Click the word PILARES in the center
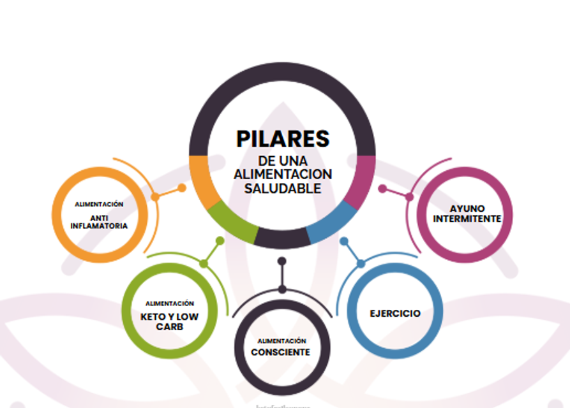point(283,138)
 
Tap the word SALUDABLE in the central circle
point(283,189)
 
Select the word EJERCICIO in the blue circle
point(395,313)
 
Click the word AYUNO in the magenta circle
point(467,208)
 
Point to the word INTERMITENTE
point(467,218)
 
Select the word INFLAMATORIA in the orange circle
point(99,226)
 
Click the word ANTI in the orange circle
point(99,217)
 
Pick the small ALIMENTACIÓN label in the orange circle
point(99,204)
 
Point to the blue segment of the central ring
point(332,222)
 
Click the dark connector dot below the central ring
point(282,261)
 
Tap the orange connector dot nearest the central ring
point(182,188)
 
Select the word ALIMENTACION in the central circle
point(283,174)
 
